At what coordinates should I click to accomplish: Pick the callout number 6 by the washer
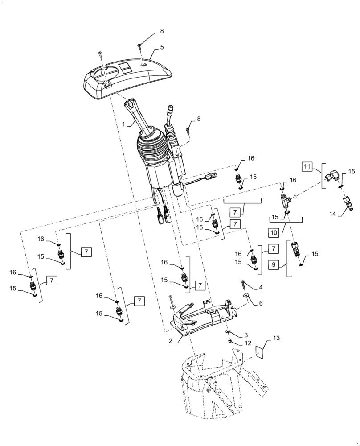pos(261,302)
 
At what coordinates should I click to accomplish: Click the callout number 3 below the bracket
pos(245,334)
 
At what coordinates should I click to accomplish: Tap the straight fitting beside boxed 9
pos(295,250)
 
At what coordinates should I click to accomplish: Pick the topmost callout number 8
pos(162,31)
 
